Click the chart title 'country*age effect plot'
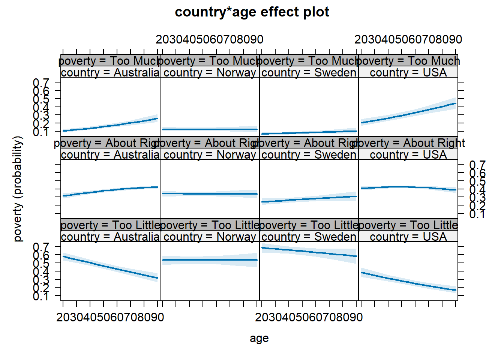coord(252,12)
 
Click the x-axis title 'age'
coord(259,338)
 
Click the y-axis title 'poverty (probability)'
coord(18,189)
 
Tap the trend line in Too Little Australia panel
coord(110,267)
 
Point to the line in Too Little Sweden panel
coord(309,252)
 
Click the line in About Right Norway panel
coord(210,194)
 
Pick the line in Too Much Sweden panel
coord(309,132)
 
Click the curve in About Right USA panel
coord(408,187)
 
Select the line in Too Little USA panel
coord(408,282)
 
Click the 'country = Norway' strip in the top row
coord(210,72)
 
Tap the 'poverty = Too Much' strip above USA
coord(408,61)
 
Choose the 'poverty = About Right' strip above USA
coord(408,143)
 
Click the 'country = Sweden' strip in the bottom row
coord(309,237)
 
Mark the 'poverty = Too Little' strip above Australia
coord(110,225)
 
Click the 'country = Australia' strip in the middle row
coord(110,154)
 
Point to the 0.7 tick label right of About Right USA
coord(477,165)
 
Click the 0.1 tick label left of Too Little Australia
coord(41,296)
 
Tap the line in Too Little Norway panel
coord(210,260)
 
